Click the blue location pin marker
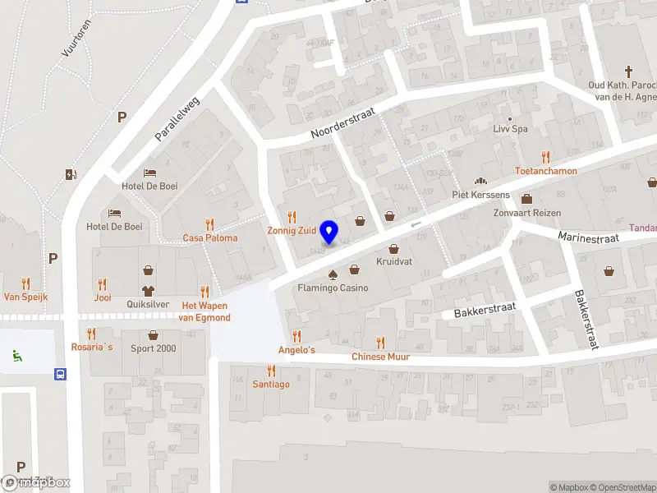(x=329, y=232)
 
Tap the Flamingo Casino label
(x=333, y=288)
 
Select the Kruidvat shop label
(x=393, y=261)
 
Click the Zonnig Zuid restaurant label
(x=292, y=230)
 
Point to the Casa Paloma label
(x=210, y=238)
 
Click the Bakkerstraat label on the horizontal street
(x=484, y=310)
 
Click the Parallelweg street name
(x=178, y=115)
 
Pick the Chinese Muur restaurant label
(x=380, y=357)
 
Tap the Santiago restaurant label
(x=271, y=385)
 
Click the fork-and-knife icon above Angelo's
(x=296, y=336)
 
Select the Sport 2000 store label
(x=154, y=348)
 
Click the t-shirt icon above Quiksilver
(x=148, y=290)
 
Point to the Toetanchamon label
(x=545, y=171)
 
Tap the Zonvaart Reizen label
(x=526, y=213)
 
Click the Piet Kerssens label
(x=480, y=195)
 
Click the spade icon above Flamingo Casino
(x=333, y=274)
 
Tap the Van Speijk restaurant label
(x=26, y=297)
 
